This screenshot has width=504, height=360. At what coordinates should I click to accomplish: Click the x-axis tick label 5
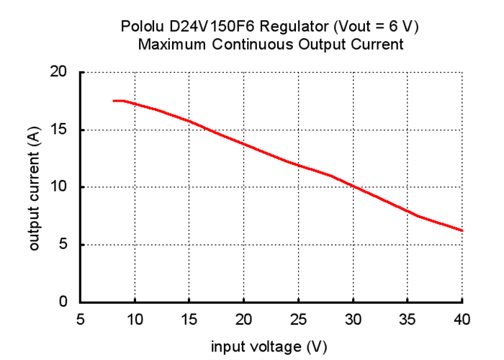[x=80, y=319]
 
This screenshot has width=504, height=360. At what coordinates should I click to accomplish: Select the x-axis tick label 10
[x=135, y=319]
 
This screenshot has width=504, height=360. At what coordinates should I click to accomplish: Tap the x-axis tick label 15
[x=189, y=319]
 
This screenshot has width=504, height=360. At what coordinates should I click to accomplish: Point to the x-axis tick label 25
[x=298, y=319]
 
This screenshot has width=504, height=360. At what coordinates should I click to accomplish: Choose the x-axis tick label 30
[x=353, y=319]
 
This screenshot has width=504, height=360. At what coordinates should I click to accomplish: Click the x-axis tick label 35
[x=408, y=319]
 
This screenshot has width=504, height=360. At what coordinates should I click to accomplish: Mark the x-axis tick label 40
[x=462, y=319]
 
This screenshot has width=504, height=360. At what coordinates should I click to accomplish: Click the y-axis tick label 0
[x=64, y=302]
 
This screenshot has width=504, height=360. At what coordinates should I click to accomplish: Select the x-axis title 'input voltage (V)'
[x=269, y=346]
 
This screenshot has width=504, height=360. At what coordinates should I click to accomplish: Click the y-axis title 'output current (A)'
[x=33, y=187]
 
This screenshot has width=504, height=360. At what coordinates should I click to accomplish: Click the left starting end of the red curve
[x=114, y=101]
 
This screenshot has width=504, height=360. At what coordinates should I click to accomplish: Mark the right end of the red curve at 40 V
[x=462, y=230]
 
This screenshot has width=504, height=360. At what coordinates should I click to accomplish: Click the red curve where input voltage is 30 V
[x=353, y=186]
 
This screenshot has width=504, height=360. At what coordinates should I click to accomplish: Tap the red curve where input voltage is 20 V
[x=244, y=143]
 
